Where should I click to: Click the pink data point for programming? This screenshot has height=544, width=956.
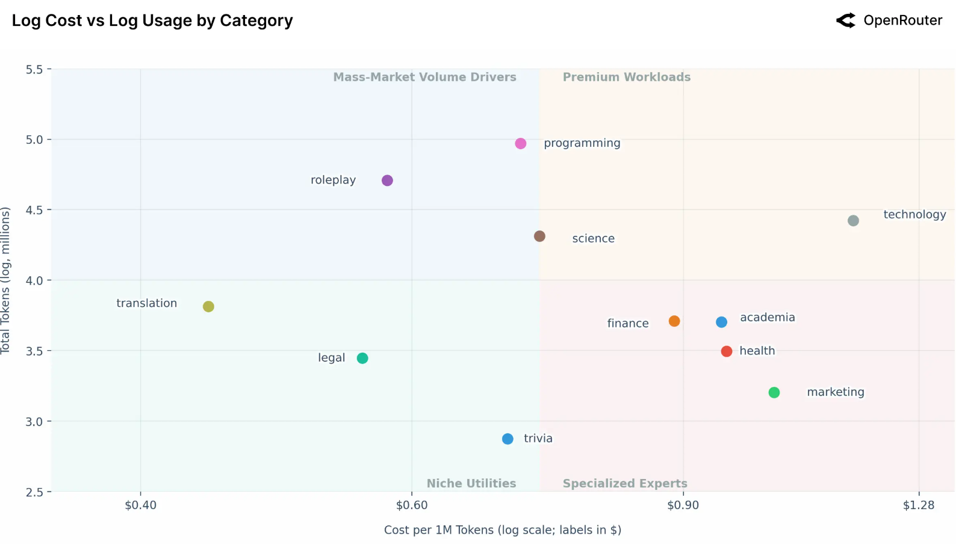(x=521, y=143)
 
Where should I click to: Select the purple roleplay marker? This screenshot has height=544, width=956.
(x=387, y=181)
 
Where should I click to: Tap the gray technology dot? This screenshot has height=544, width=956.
(x=853, y=221)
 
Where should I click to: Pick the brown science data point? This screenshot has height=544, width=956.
(x=539, y=236)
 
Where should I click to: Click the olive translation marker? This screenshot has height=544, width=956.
(x=208, y=307)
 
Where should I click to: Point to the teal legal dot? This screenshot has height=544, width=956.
(x=362, y=358)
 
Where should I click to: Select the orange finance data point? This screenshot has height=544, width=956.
(x=674, y=321)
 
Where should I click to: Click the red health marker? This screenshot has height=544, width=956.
(x=727, y=351)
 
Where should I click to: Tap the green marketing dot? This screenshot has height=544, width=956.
(x=774, y=392)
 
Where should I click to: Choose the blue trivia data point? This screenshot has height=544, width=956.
(x=507, y=439)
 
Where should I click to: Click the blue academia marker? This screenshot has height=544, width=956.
(x=721, y=323)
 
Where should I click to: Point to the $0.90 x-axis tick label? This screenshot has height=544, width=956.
(x=683, y=505)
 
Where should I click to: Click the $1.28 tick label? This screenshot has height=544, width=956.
(x=919, y=505)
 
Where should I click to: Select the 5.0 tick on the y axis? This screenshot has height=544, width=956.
(x=34, y=140)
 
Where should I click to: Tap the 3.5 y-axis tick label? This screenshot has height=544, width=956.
(x=34, y=351)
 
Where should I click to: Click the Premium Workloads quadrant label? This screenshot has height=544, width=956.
(x=627, y=77)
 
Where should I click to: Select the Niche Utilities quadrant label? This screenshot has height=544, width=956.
(x=471, y=483)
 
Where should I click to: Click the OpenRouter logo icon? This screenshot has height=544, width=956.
(x=846, y=20)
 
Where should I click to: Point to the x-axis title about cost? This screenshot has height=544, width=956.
(x=503, y=530)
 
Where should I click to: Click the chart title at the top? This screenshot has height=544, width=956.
(x=152, y=20)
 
